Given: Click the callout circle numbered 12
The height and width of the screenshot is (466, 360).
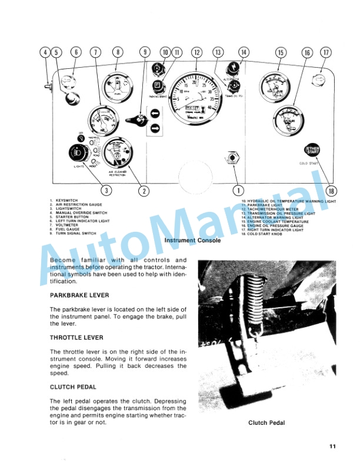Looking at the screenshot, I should pyautogui.click(x=196, y=52).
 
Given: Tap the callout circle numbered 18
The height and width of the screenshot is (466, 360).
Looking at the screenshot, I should pyautogui.click(x=332, y=190).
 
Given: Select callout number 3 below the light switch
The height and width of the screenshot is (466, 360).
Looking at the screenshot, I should pyautogui.click(x=106, y=189).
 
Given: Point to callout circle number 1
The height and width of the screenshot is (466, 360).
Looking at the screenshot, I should pyautogui.click(x=238, y=189).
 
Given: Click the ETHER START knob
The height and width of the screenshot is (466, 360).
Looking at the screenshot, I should pyautogui.click(x=311, y=151).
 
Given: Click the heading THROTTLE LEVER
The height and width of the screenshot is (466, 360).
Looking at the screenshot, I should pyautogui.click(x=76, y=338).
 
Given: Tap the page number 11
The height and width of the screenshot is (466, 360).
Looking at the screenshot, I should pyautogui.click(x=332, y=447).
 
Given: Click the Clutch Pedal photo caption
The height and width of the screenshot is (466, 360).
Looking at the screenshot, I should pyautogui.click(x=266, y=422).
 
